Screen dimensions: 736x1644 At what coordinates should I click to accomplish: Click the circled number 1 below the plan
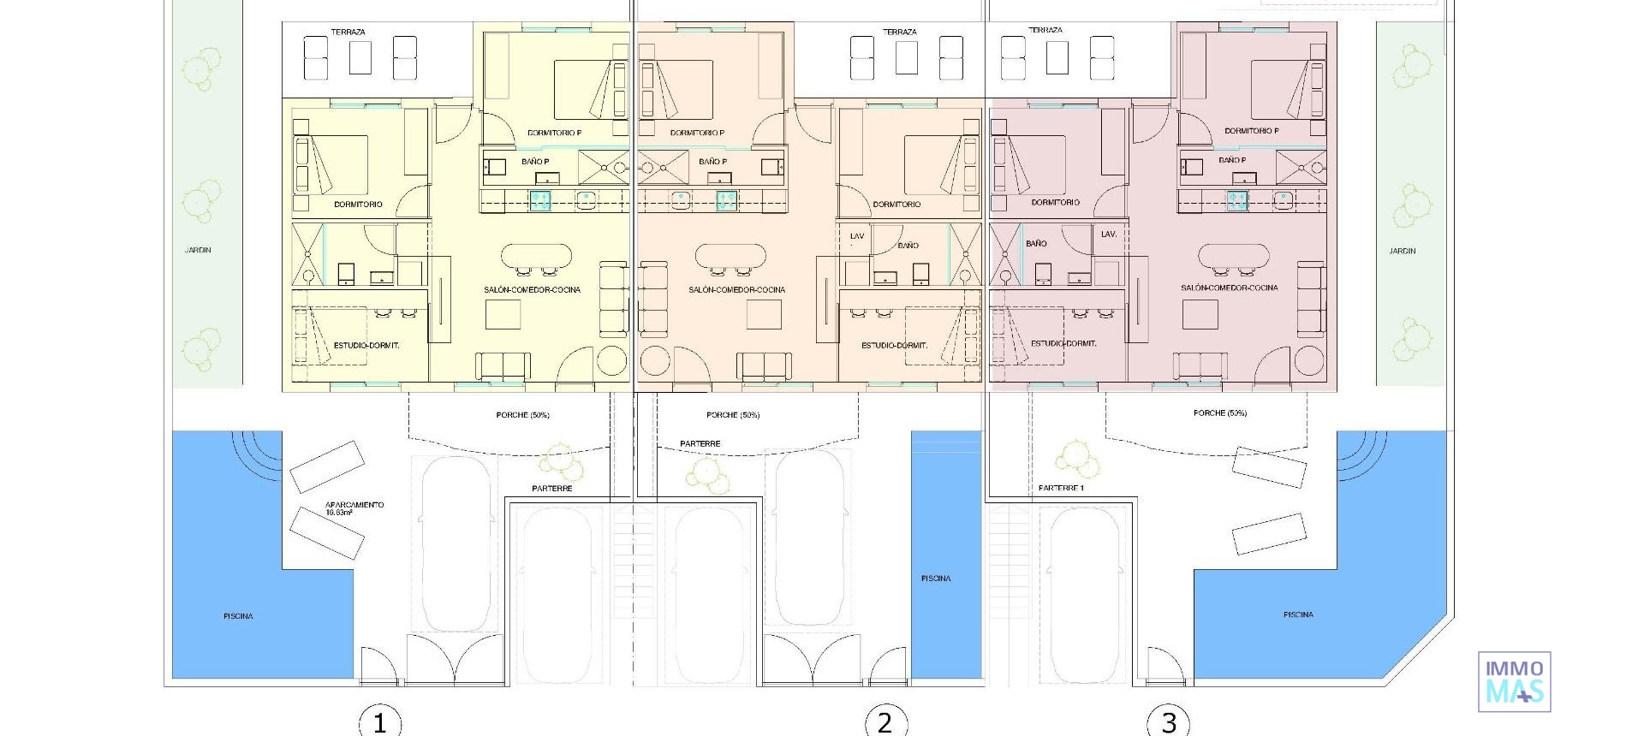(380, 721)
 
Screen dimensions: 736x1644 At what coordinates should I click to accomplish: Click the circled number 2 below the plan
(885, 721)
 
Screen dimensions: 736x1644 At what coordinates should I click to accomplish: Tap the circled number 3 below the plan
(1169, 721)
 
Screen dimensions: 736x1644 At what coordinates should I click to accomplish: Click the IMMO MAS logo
(1514, 681)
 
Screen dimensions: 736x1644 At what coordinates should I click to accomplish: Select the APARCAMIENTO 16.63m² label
(354, 508)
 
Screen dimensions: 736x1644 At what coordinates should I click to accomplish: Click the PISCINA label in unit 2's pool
(936, 579)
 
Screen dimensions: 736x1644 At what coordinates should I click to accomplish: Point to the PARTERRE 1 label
(1061, 489)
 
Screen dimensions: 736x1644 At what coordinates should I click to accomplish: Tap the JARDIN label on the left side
(198, 250)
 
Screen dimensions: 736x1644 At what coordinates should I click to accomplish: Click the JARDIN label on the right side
(1402, 251)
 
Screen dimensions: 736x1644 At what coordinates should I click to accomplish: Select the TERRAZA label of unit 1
(348, 33)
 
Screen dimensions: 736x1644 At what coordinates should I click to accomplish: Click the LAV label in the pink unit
(1108, 234)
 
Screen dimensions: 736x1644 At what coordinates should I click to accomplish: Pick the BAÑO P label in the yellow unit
(535, 162)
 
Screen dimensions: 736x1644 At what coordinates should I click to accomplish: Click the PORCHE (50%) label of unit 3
(1219, 413)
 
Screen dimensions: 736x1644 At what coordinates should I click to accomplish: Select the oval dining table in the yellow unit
(536, 255)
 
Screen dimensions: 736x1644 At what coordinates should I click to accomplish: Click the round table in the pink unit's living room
(1310, 359)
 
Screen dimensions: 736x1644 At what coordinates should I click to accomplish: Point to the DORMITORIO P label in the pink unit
(1251, 131)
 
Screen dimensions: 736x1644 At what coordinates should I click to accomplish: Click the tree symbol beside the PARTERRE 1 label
(1076, 460)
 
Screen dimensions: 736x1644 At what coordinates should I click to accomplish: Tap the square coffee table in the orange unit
(763, 315)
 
